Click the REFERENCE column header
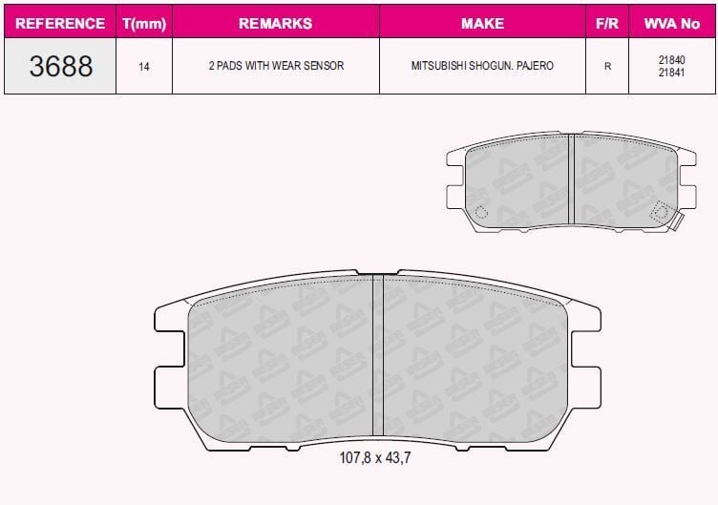(60, 23)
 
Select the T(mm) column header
(143, 23)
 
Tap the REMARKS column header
(275, 23)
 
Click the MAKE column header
(482, 23)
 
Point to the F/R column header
(606, 23)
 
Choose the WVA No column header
(672, 23)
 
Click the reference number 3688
(60, 67)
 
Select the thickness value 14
(143, 67)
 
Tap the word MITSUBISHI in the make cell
(440, 67)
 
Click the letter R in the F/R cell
(606, 67)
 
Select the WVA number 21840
(672, 60)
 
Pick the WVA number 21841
(672, 74)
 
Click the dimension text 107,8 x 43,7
(375, 457)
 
